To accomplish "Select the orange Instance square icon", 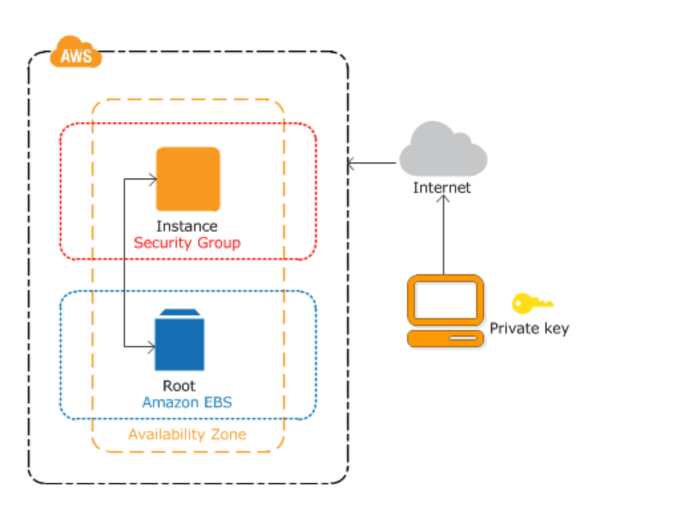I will pos(188,179).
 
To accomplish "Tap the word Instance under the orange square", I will pos(187,226).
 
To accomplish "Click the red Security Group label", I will pos(187,243).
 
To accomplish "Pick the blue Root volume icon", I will pos(180,341).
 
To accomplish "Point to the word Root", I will pos(180,386).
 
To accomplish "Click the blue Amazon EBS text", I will pos(187,403).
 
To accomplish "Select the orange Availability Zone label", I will pos(187,435).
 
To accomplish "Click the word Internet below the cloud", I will pos(442,188).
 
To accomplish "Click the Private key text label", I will pos(529,329).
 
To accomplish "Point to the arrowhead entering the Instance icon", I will pos(153,178).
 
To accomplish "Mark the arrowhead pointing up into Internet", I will pos(443,199).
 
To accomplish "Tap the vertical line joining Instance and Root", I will pos(125,263).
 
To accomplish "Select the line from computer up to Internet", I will pos(443,240).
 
